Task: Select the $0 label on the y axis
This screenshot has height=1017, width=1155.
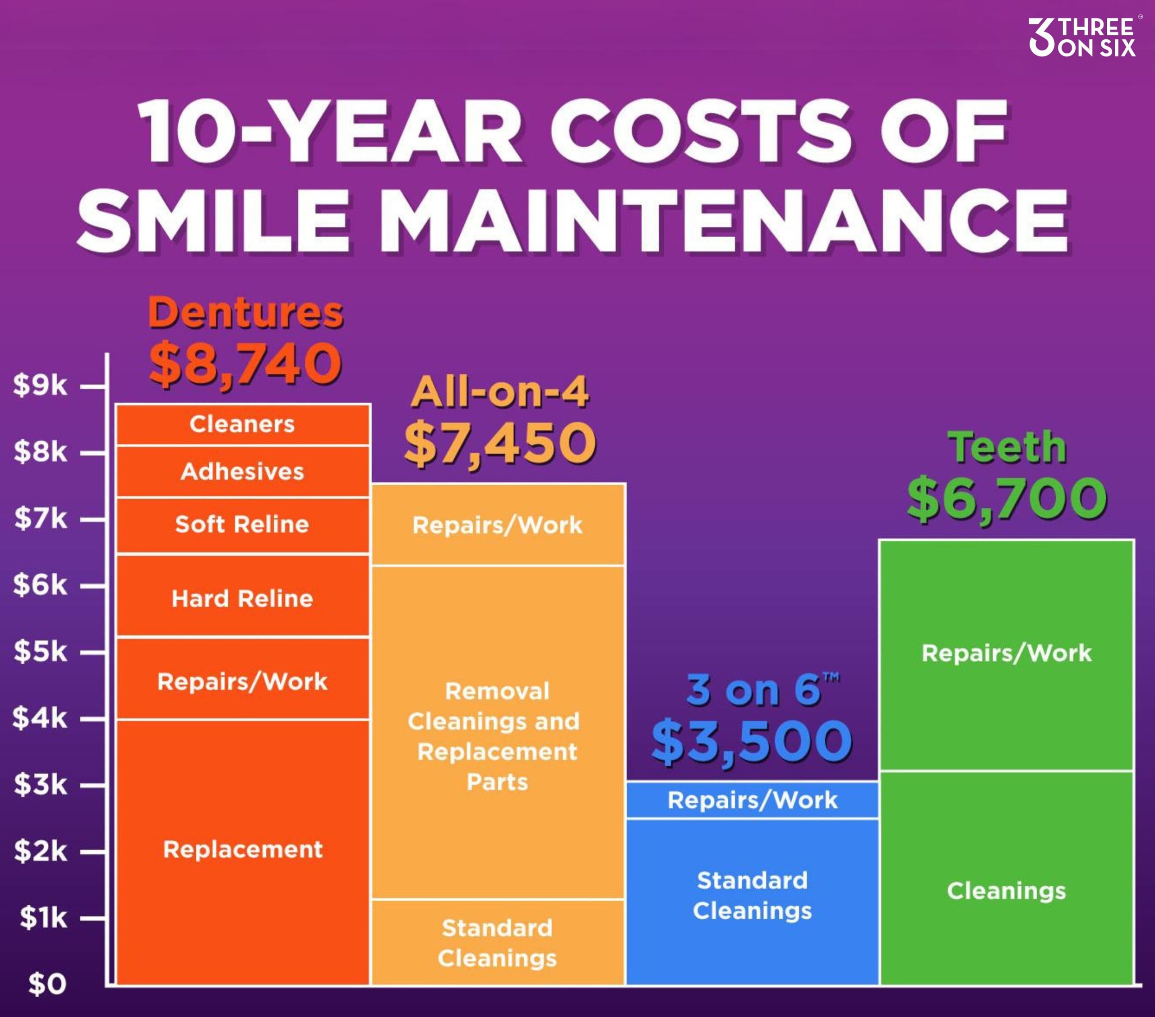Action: point(47,984)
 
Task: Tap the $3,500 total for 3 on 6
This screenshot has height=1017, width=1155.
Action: point(752,742)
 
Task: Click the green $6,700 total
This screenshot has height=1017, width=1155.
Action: point(1007,499)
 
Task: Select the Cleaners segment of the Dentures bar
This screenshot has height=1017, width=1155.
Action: point(242,424)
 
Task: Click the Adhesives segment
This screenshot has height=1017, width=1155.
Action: point(242,472)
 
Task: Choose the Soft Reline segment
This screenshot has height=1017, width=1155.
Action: point(242,525)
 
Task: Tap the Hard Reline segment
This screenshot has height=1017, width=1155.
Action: point(242,598)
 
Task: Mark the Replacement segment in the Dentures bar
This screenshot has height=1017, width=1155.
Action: point(242,849)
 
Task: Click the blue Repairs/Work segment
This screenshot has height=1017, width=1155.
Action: point(752,801)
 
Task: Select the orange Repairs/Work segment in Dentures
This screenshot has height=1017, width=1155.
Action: point(242,681)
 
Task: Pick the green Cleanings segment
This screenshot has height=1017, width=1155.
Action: point(1007,891)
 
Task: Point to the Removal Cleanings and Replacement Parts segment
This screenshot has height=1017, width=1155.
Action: point(497,736)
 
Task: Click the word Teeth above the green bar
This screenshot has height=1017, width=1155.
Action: point(1007,447)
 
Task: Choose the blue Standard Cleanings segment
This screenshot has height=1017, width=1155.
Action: point(752,896)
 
